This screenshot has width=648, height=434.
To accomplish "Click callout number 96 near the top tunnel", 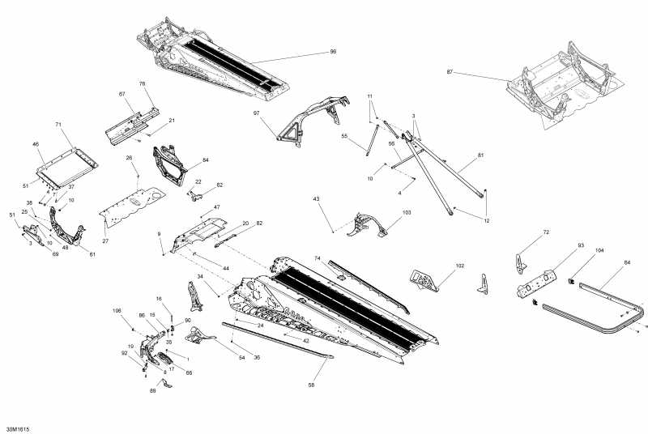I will [333, 52].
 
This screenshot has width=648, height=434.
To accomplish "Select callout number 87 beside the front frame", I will [450, 73].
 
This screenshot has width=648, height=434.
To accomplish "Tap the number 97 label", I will [257, 113].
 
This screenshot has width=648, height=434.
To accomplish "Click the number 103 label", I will [407, 212].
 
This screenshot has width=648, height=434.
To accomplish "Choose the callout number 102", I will [459, 266].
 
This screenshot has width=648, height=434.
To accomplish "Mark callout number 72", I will [546, 232].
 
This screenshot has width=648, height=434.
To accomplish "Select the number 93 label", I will [581, 245].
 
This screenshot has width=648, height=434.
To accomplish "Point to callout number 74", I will [318, 259].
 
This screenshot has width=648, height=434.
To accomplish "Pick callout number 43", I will [317, 198].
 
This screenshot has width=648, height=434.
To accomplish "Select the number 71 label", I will [58, 124].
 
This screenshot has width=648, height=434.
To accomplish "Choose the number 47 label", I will [216, 208].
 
